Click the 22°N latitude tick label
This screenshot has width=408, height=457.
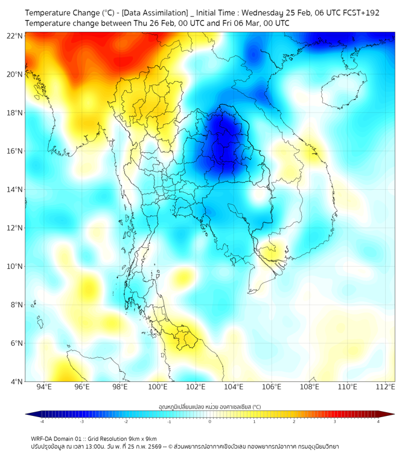tap(15, 36)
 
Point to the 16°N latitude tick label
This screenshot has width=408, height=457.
tap(15, 151)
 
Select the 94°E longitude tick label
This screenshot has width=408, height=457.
tap(44, 387)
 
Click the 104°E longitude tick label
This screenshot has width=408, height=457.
tap(234, 387)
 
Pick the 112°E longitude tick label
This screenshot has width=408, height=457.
tap(385, 387)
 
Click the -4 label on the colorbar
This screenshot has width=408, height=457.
tap(42, 421)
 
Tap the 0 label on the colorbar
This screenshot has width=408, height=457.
tap(210, 421)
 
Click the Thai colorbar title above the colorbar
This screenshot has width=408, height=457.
tap(209, 407)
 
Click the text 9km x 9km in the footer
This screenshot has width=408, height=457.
tap(140, 438)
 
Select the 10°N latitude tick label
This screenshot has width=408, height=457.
tap(15, 266)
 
